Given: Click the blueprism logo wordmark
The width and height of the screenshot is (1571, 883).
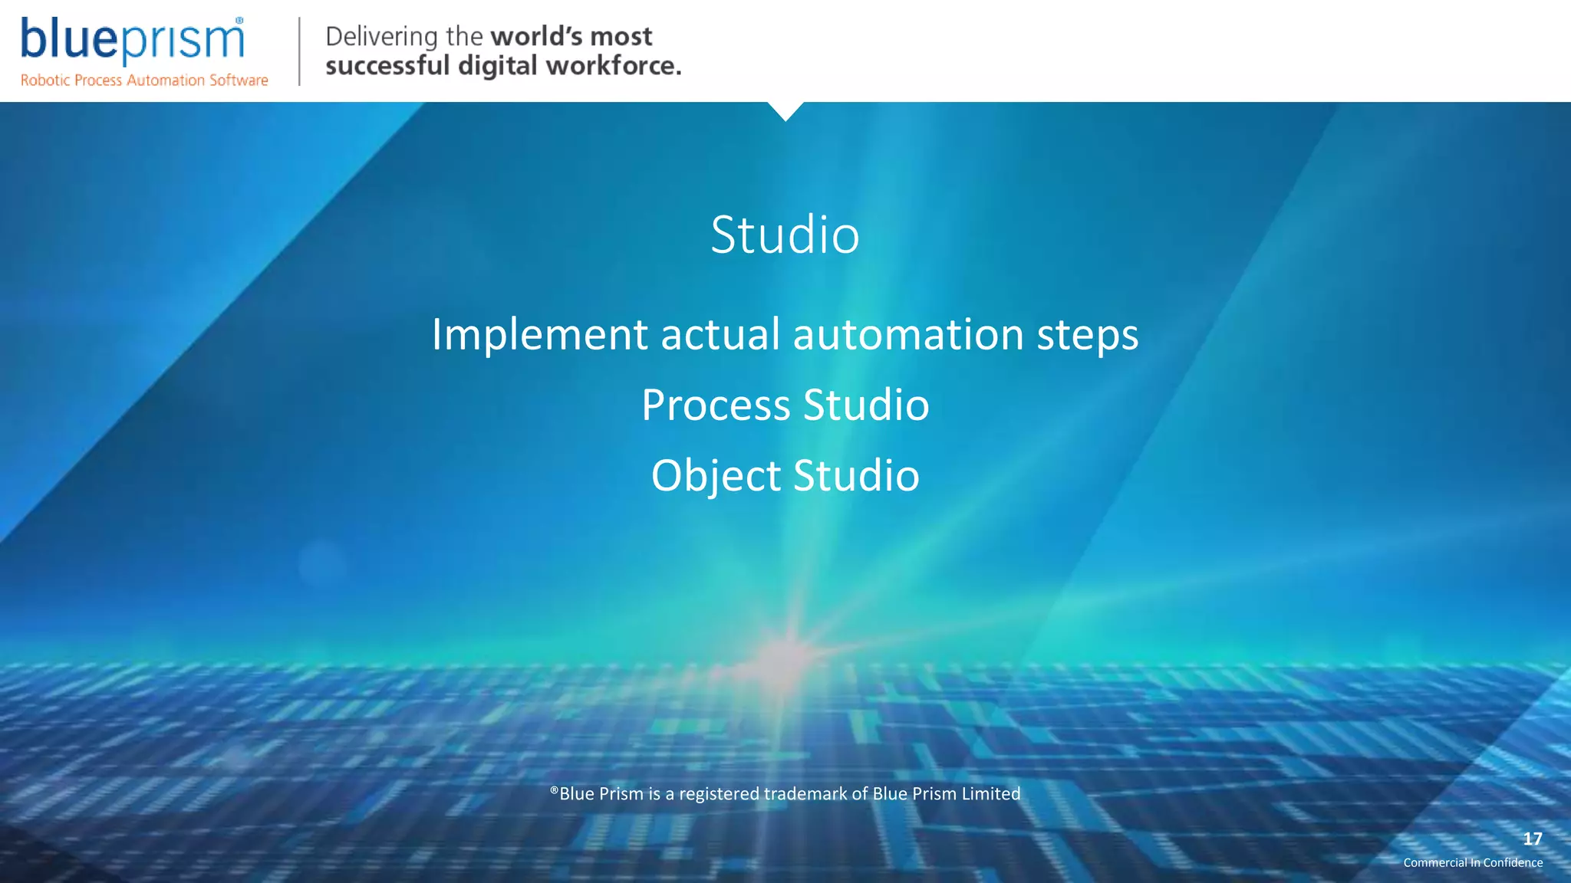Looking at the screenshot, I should [x=132, y=40].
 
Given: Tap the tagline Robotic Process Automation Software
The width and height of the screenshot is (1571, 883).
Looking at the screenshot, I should [x=144, y=80].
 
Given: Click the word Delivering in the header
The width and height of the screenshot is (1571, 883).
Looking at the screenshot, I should [x=381, y=37].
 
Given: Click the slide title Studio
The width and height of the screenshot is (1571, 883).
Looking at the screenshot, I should [x=785, y=235].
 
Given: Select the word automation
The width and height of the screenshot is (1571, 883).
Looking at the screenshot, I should [x=908, y=335].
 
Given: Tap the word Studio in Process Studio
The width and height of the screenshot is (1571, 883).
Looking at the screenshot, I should [x=866, y=405].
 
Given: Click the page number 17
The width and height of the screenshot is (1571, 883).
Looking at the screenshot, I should [x=1532, y=839].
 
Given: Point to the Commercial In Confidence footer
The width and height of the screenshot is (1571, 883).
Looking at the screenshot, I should [x=1473, y=862].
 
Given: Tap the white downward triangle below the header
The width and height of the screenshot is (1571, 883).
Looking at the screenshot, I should [x=785, y=110].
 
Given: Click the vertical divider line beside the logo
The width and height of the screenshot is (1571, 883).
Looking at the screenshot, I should [x=299, y=51].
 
